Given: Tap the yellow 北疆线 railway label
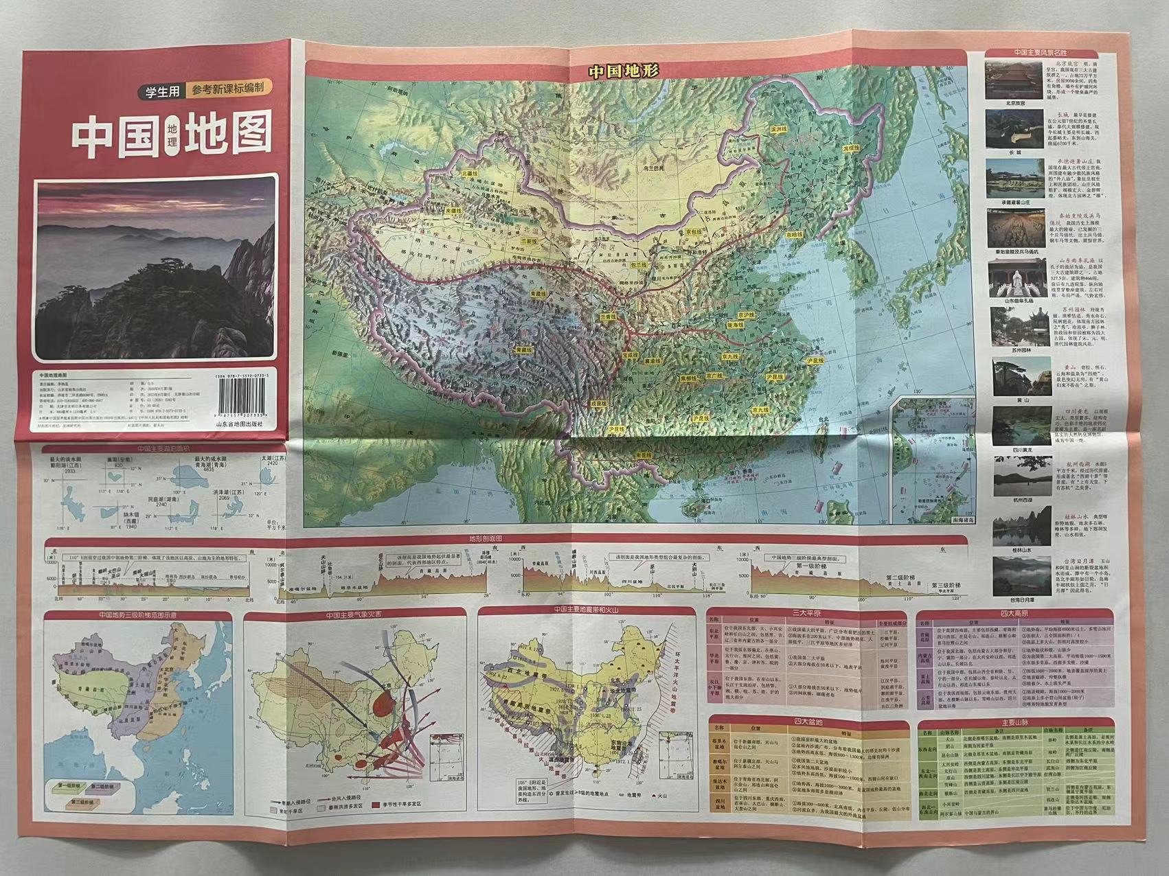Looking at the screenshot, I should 469,174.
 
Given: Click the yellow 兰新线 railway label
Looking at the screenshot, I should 509,242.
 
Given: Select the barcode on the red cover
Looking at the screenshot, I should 247,400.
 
